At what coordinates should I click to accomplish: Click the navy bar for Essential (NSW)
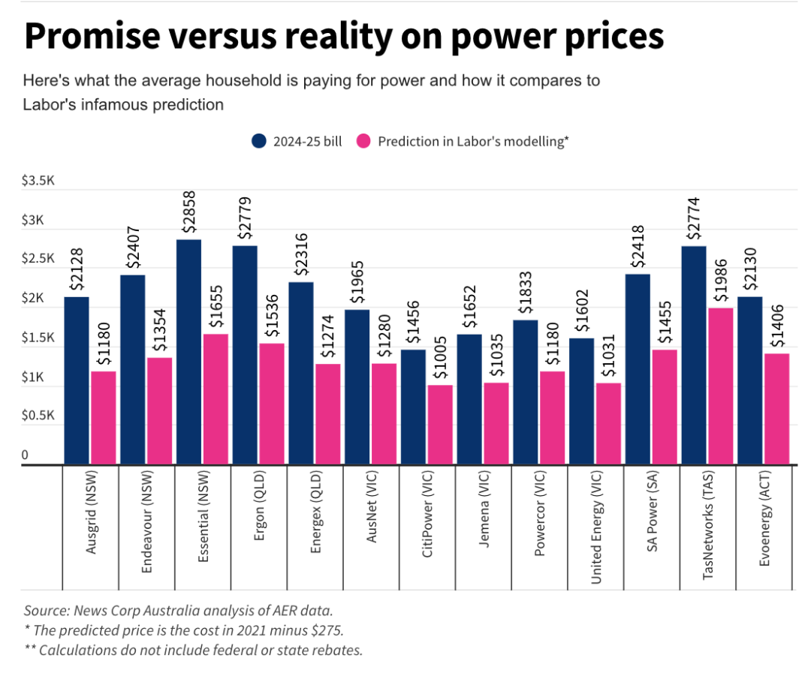(188, 352)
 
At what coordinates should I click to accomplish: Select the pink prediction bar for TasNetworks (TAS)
(719, 386)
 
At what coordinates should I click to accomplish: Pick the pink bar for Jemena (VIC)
(496, 423)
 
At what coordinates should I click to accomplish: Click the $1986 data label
(721, 281)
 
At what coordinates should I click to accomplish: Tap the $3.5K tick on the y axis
(38, 182)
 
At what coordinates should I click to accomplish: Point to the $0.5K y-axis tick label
(38, 416)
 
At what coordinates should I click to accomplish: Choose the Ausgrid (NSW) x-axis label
(92, 523)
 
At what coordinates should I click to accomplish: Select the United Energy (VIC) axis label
(596, 529)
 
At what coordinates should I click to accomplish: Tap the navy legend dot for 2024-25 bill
(260, 141)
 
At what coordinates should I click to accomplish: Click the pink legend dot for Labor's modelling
(363, 141)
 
